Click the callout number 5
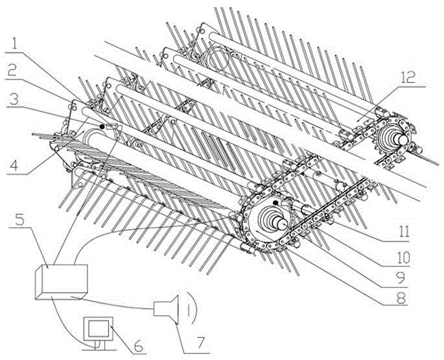[x=19, y=218]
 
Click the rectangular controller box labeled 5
[x=62, y=282]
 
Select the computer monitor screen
[x=99, y=329]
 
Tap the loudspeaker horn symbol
[x=167, y=309]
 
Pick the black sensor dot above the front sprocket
[x=275, y=202]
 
